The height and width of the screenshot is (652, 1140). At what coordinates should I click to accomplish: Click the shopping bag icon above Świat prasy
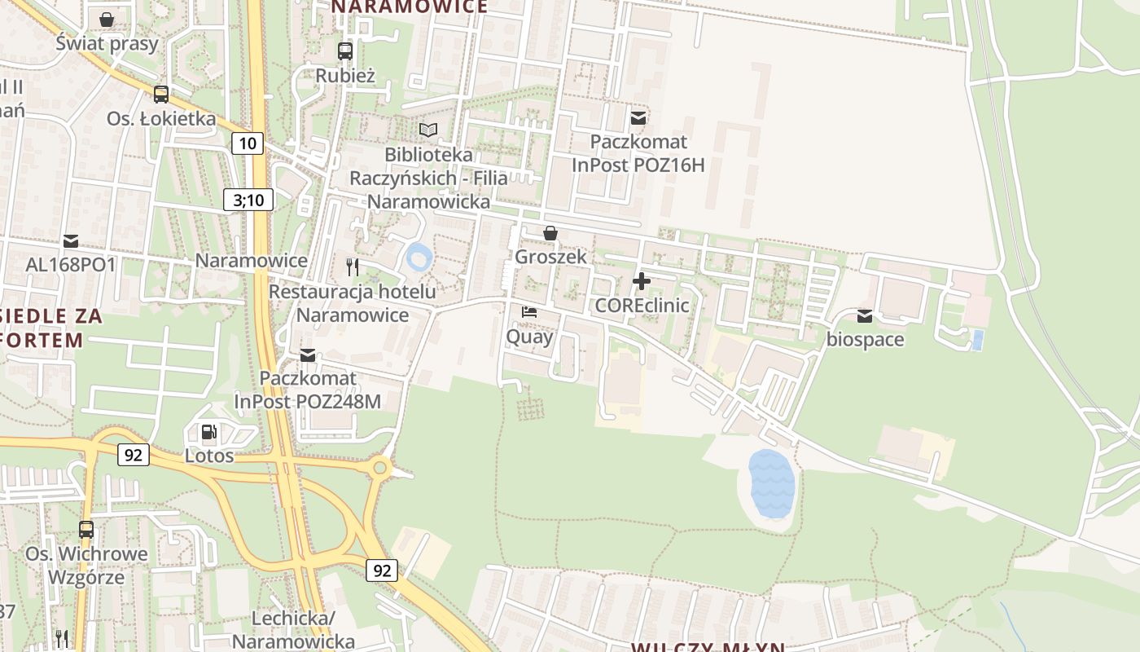click(x=107, y=19)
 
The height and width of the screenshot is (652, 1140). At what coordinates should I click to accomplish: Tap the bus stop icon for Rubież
click(x=345, y=51)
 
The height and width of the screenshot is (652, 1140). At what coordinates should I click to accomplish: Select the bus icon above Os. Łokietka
click(x=161, y=94)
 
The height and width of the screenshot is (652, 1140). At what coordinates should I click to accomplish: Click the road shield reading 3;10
click(x=248, y=200)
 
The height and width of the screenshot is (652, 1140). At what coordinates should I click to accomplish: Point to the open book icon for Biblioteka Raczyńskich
click(x=428, y=130)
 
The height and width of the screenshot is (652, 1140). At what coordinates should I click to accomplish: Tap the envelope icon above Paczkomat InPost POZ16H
click(x=638, y=118)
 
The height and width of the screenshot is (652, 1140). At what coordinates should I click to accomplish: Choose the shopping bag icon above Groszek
click(x=550, y=233)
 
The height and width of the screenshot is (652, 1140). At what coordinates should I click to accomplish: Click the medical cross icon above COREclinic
click(x=642, y=281)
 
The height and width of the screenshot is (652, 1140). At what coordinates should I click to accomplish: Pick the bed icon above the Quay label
click(x=529, y=312)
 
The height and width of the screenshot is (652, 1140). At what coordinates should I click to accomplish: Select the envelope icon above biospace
click(x=865, y=315)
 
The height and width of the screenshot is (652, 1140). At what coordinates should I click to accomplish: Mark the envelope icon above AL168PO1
click(x=71, y=240)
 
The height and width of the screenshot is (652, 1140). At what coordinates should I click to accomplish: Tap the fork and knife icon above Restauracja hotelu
click(x=353, y=267)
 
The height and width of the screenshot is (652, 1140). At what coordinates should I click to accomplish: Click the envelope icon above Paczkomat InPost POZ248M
click(x=308, y=355)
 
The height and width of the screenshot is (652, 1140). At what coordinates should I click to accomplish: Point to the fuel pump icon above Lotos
click(x=209, y=431)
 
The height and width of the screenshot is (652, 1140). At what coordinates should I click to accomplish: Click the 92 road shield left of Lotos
click(x=133, y=454)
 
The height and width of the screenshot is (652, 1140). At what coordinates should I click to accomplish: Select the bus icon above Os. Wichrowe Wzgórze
click(x=86, y=530)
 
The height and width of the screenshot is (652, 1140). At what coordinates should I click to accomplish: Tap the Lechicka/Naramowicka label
click(x=293, y=629)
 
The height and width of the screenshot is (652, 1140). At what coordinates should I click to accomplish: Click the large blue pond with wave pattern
click(x=771, y=483)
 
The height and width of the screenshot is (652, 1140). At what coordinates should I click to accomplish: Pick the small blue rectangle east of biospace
click(x=977, y=340)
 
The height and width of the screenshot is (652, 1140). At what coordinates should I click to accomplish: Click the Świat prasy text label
click(x=107, y=43)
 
